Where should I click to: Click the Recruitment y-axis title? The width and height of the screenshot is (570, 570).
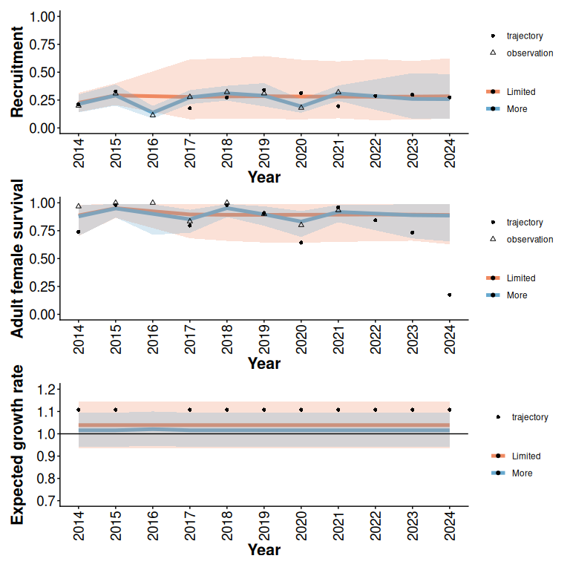pyautogui.click(x=17, y=72)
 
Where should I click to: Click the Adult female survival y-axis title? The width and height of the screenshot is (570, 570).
pyautogui.click(x=17, y=258)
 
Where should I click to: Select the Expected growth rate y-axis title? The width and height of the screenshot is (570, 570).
pyautogui.click(x=17, y=445)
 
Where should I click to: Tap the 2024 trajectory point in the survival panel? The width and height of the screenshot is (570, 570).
pyautogui.click(x=450, y=295)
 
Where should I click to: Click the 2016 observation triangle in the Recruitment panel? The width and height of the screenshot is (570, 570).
pyautogui.click(x=153, y=114)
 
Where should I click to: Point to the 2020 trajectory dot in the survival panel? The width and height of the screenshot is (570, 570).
pyautogui.click(x=301, y=243)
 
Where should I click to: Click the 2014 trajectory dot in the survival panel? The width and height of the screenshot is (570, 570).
pyautogui.click(x=79, y=232)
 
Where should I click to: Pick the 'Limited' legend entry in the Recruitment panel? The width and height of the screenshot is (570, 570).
pyautogui.click(x=520, y=92)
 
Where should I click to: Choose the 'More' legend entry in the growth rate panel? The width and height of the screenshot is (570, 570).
pyautogui.click(x=517, y=473)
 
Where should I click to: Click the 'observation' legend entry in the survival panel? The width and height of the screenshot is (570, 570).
pyautogui.click(x=529, y=239)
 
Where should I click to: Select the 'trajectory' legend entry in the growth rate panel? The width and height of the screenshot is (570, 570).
pyautogui.click(x=529, y=417)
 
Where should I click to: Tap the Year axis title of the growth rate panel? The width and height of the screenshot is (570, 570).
pyautogui.click(x=264, y=550)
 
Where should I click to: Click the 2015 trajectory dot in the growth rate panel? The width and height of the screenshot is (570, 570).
pyautogui.click(x=116, y=410)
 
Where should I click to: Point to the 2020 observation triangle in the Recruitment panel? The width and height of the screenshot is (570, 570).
pyautogui.click(x=301, y=108)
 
